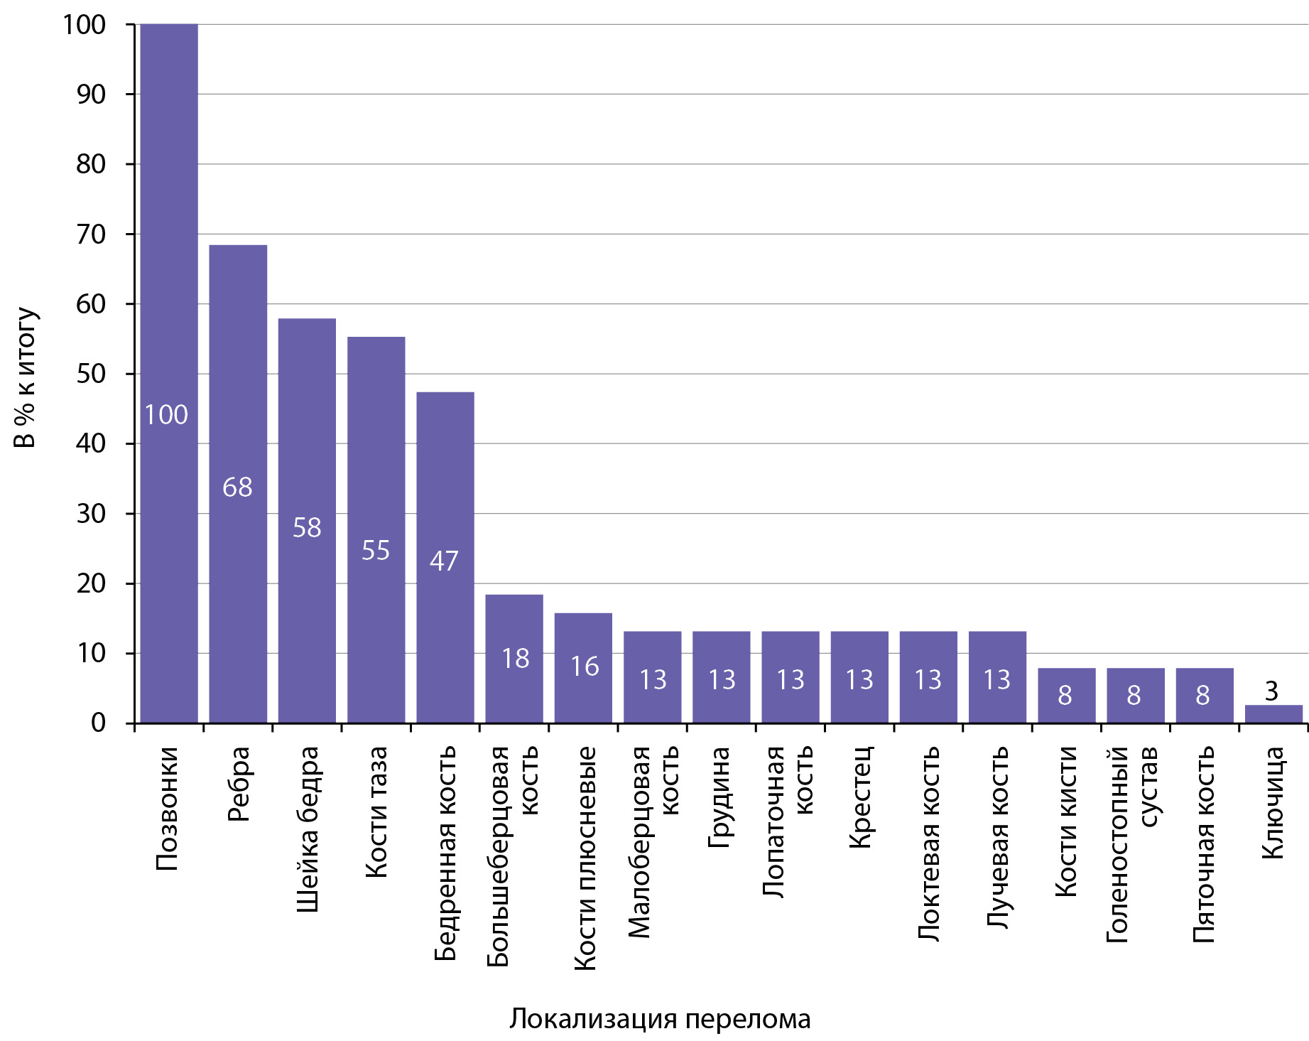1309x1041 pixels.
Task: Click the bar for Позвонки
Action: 169,374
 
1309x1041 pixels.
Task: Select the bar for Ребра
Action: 238,484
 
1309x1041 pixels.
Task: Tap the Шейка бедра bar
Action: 307,521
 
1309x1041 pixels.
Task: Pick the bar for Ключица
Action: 1274,714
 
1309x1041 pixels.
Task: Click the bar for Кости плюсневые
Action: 583,668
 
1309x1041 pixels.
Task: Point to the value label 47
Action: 444,561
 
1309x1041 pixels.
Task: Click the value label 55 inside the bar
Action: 376,550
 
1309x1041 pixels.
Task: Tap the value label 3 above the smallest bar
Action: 1271,691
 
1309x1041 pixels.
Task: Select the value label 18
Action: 516,659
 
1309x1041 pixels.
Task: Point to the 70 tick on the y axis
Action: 91,234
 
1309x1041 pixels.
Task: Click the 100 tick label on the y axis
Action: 85,25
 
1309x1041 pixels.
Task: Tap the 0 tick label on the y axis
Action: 99,723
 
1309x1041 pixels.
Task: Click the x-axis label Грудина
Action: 719,797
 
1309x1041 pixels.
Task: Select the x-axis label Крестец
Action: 859,797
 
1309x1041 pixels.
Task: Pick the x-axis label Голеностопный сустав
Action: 1132,845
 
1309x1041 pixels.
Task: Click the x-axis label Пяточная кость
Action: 1202,845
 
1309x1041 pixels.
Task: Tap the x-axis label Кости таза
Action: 376,812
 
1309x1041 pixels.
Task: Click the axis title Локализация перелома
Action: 660,1020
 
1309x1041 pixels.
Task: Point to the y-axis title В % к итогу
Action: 26,377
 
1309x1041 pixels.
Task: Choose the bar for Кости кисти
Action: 1067,696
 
